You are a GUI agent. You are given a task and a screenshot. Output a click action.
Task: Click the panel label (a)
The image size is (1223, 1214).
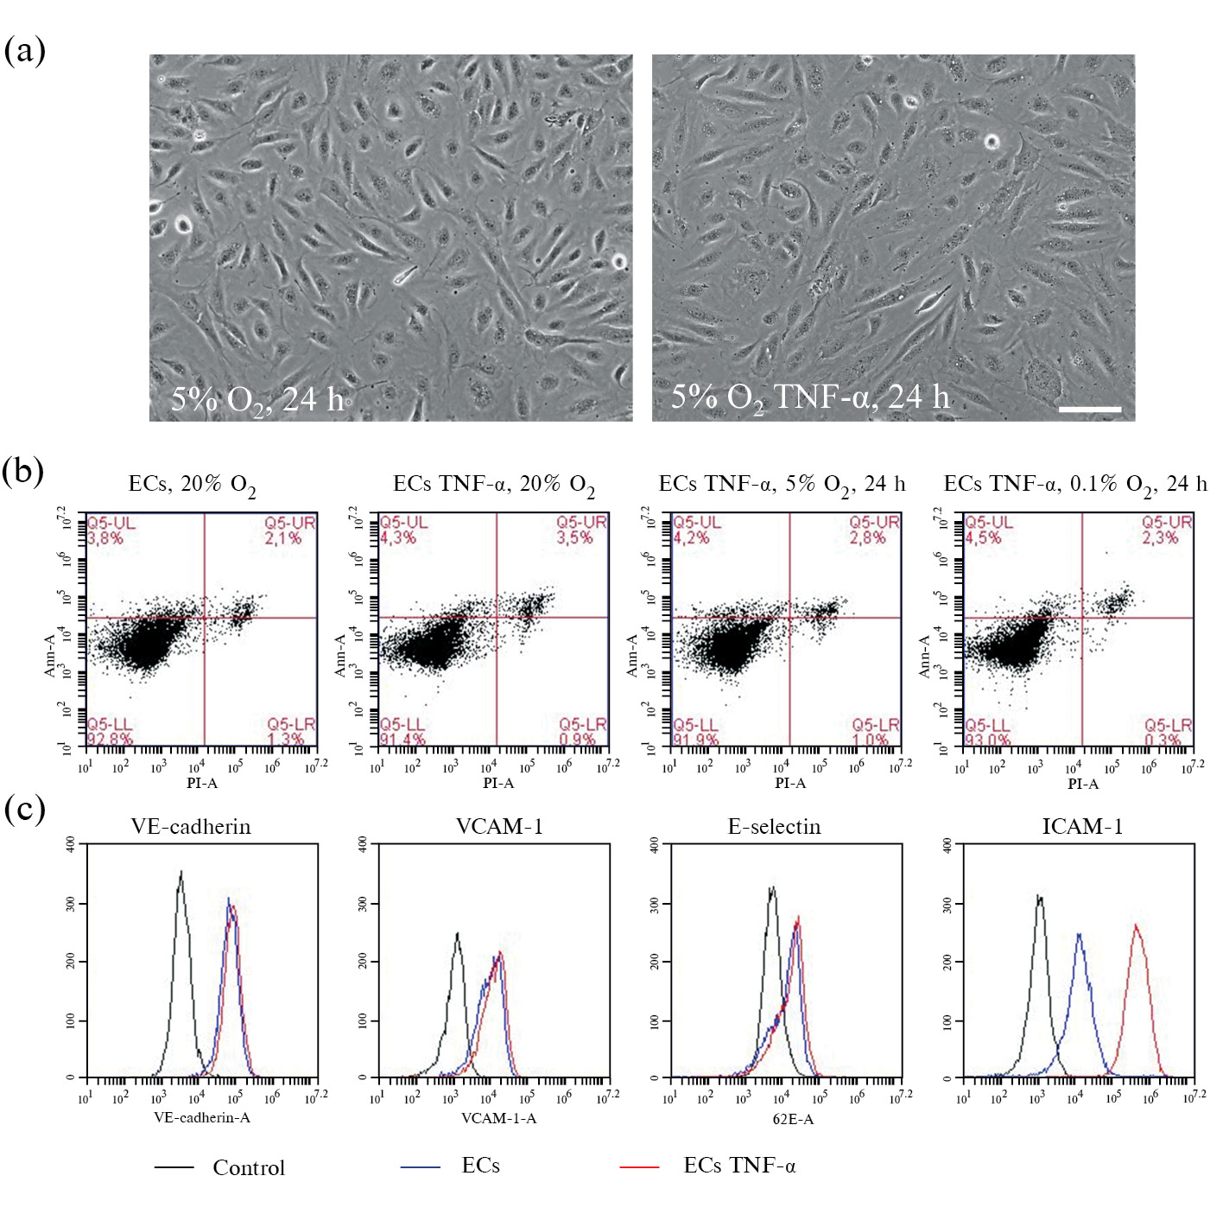[x=24, y=50]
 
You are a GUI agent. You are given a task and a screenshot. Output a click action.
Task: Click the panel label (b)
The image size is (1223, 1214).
[x=23, y=471]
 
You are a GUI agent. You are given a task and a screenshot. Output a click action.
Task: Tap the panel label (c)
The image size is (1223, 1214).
[x=23, y=810]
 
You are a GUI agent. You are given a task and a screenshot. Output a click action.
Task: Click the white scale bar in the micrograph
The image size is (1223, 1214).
[x=1089, y=409]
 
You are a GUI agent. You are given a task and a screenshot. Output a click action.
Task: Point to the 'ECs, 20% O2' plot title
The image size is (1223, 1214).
[x=192, y=485]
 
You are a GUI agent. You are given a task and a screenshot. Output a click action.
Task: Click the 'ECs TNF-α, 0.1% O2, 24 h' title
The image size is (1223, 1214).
[x=1074, y=485]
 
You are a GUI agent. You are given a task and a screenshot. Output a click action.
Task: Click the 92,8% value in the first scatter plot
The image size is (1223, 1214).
[x=110, y=739]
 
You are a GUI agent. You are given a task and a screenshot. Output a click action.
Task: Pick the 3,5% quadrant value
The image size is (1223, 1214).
[x=575, y=537]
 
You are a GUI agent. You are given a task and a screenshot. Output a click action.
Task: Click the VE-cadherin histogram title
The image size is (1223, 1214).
[x=191, y=827]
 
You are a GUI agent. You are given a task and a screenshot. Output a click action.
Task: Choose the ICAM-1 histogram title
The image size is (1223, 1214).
[x=1082, y=827]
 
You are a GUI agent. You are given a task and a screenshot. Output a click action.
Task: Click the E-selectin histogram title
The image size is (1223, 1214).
[x=774, y=827]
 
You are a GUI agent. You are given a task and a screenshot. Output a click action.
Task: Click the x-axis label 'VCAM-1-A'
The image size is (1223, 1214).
[x=498, y=1118]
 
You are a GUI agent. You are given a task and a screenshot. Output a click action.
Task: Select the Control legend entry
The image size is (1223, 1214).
[x=248, y=1167]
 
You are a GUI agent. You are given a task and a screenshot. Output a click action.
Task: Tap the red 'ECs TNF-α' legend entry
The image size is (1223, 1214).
[x=739, y=1166]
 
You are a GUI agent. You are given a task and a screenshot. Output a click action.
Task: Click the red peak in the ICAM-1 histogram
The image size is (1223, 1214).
[x=1136, y=926]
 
